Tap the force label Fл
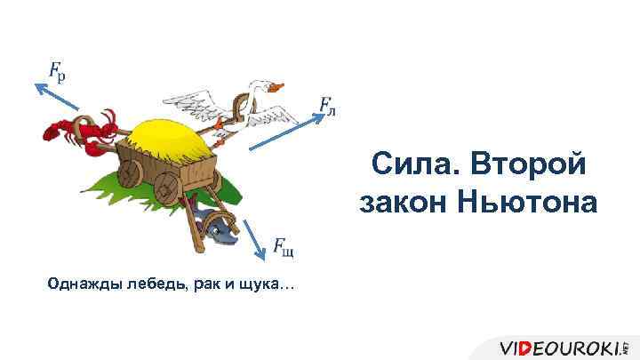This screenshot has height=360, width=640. [326, 108]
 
